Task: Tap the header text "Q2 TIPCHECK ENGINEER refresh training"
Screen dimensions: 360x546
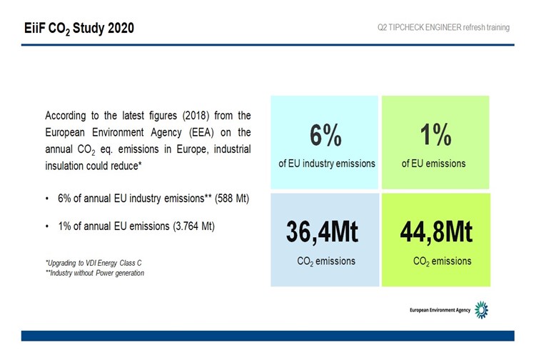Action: tap(443, 28)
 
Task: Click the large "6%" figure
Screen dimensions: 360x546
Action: tap(326, 136)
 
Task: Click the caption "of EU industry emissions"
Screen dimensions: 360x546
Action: tap(326, 164)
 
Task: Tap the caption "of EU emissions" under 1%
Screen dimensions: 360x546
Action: tap(433, 164)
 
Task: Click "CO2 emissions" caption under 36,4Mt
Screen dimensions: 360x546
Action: tap(326, 261)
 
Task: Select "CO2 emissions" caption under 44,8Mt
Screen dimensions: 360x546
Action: tap(442, 261)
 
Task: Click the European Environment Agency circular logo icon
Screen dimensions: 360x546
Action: tap(482, 309)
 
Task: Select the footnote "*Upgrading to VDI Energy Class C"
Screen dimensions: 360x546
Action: tap(93, 263)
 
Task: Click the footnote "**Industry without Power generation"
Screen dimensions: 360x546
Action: tap(94, 273)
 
